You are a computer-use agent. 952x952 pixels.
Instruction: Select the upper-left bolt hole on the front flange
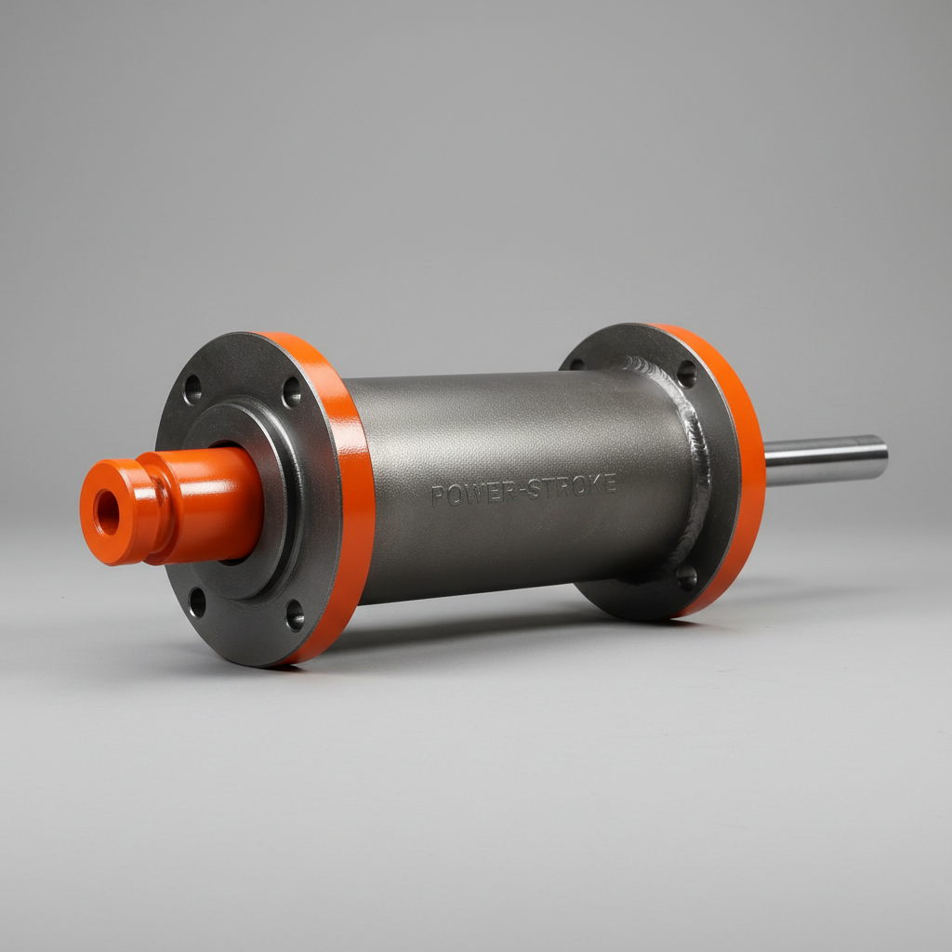pos(192,389)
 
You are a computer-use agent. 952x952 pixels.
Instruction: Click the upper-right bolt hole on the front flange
pos(291,391)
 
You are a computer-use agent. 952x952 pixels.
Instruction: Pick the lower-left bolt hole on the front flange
pos(197,602)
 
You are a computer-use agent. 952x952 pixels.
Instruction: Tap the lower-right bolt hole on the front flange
pos(295,615)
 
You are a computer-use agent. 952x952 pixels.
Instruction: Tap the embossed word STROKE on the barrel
pos(572,486)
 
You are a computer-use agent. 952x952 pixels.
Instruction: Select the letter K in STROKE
pos(593,484)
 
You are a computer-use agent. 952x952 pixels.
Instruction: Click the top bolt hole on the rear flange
pos(686,373)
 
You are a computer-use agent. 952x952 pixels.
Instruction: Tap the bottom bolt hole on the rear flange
pos(687,577)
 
